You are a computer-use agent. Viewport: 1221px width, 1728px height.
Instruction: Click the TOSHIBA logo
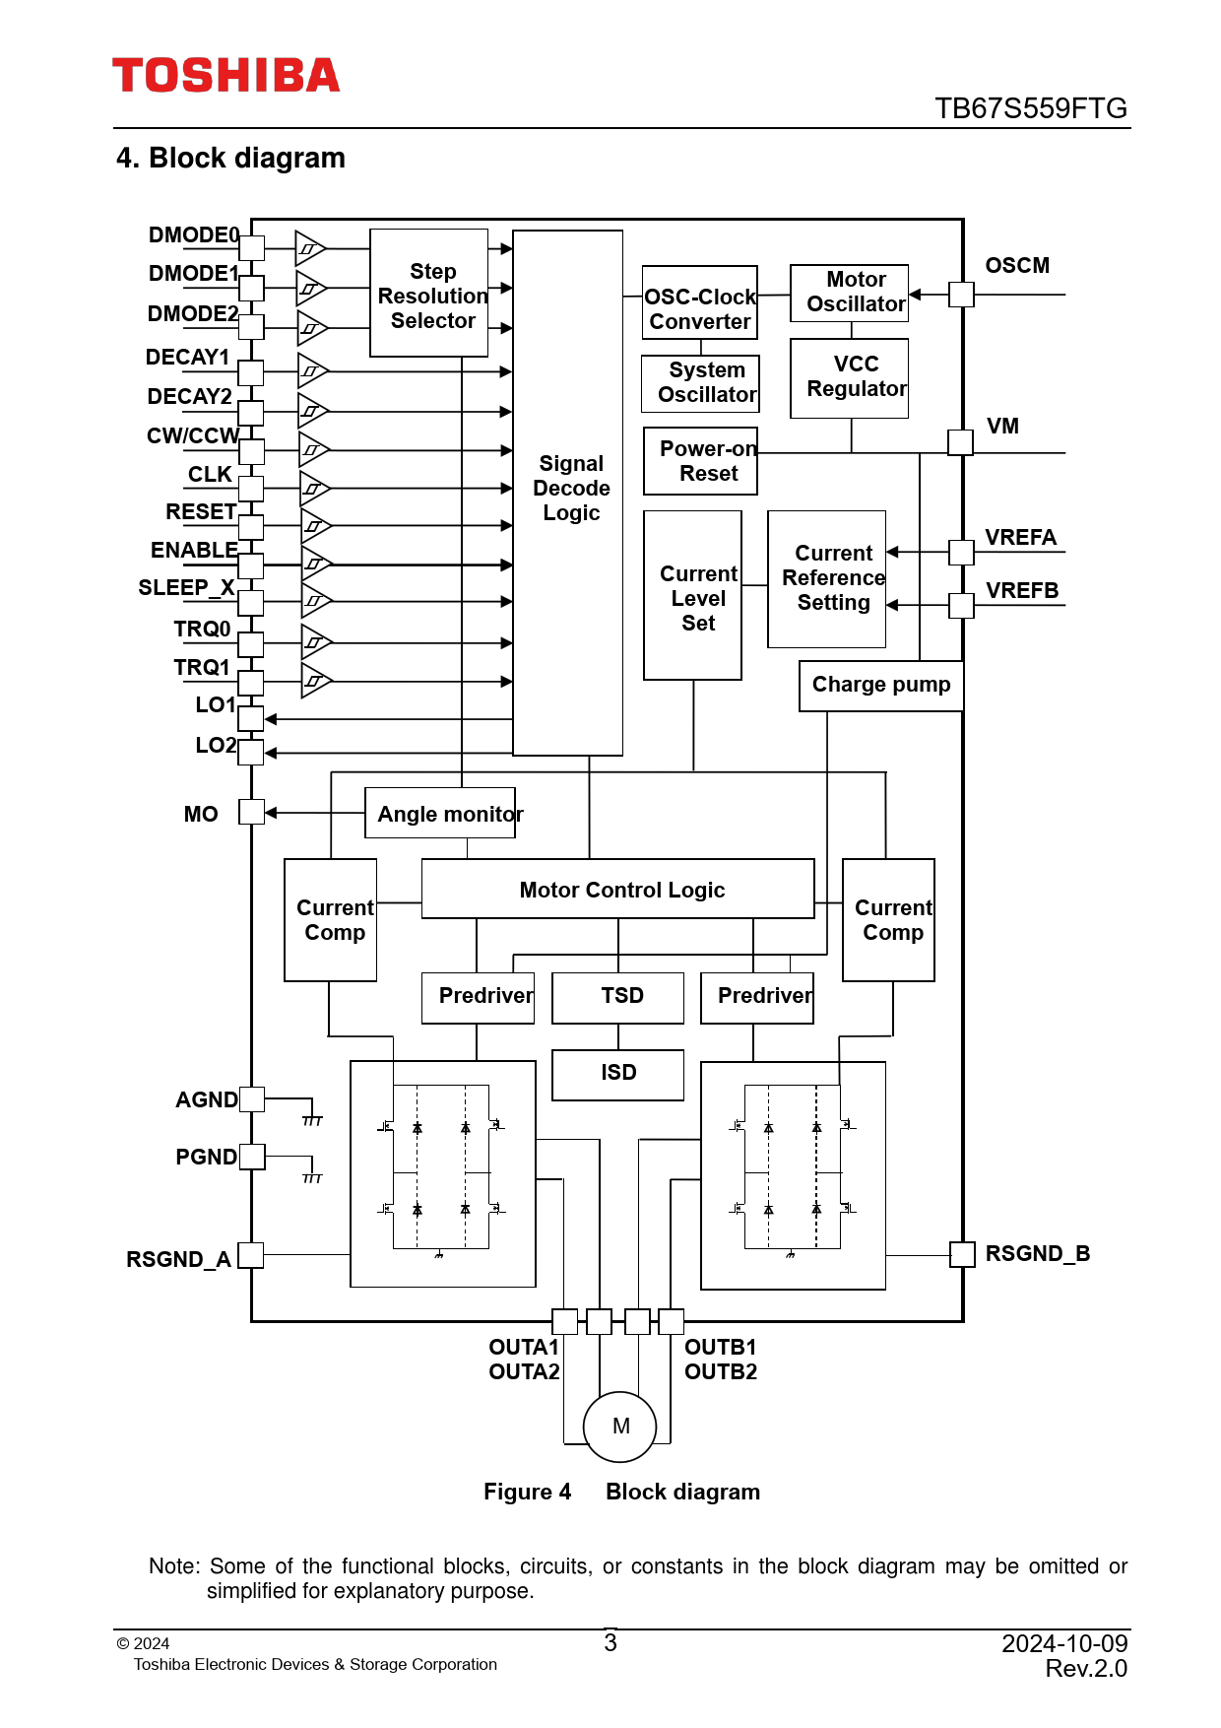pos(225,76)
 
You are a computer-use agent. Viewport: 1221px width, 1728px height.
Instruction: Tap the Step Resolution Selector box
pos(429,294)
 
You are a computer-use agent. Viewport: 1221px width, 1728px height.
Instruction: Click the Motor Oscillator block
pos(849,293)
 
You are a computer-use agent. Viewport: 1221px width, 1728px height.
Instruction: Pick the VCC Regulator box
pos(849,378)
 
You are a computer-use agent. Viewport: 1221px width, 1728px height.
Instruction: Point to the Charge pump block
pos(880,686)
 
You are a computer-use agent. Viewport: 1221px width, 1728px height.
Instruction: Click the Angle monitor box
pos(440,813)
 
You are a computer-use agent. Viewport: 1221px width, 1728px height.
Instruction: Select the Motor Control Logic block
pos(617,889)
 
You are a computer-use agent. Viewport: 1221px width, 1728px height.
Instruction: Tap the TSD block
pos(618,997)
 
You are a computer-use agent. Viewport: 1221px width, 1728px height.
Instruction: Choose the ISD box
pos(618,1074)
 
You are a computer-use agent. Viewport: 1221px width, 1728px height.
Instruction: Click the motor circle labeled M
pos(620,1427)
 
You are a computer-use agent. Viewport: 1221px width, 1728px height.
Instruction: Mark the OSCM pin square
pos(961,294)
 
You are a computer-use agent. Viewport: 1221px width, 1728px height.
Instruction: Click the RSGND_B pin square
pos(962,1254)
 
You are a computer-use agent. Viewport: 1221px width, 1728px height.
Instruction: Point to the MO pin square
pos(252,812)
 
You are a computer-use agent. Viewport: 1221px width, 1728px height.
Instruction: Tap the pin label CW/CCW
pos(193,435)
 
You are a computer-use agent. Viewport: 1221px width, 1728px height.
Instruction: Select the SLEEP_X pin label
pos(187,588)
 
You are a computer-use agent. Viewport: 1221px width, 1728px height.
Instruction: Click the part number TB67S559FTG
pos(1030,108)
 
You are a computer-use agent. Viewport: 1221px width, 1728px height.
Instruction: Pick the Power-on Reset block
pos(701,461)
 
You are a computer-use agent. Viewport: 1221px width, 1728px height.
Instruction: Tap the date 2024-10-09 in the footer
pos(1064,1643)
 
